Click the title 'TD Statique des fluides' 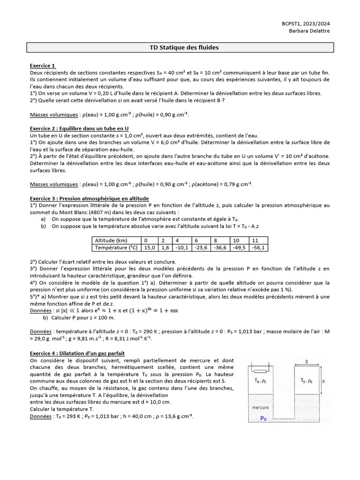point(180,47)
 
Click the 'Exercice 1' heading point(43,66)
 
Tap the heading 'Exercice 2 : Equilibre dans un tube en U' point(79,128)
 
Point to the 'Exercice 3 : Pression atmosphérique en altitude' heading point(89,198)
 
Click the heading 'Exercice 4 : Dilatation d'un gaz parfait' point(77,353)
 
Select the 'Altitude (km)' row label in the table point(111,240)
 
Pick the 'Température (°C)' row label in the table point(116,247)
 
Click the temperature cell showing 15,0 point(150,247)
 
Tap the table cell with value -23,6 point(200,247)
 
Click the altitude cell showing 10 point(239,240)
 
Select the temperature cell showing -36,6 point(220,247)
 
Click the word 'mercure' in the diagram point(260,407)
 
